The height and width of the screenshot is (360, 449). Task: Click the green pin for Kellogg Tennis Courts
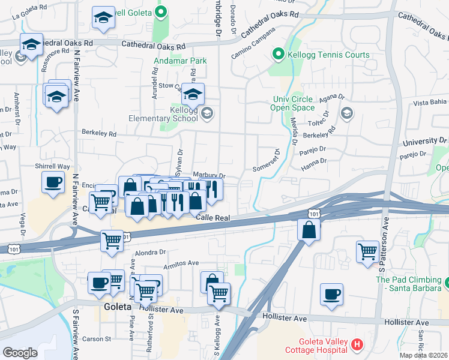tap(278, 55)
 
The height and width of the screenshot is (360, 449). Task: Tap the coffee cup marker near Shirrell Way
tap(53, 182)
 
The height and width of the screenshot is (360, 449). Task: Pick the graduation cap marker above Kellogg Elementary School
tap(193, 95)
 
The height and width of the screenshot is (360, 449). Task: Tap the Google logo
tap(20, 352)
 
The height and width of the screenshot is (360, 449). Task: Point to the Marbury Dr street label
tap(209, 176)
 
